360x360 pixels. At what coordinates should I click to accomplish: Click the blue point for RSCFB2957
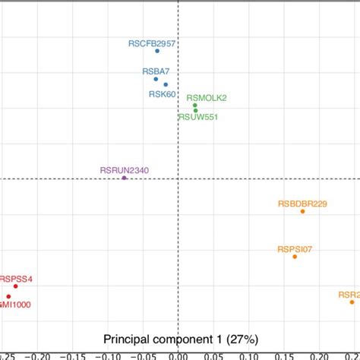pyautogui.click(x=157, y=52)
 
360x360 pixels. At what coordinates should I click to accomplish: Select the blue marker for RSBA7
pyautogui.click(x=156, y=79)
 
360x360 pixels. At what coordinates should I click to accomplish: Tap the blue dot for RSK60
pyautogui.click(x=166, y=84)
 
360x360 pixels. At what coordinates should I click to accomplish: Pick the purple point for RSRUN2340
pyautogui.click(x=124, y=178)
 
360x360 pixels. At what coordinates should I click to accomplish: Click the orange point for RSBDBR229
pyautogui.click(x=302, y=211)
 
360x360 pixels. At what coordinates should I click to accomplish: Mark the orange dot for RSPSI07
pyautogui.click(x=295, y=257)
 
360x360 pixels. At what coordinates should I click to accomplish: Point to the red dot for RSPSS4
pyautogui.click(x=15, y=286)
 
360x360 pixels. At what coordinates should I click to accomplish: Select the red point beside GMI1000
pyautogui.click(x=8, y=296)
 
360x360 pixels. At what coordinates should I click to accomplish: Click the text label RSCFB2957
pyautogui.click(x=152, y=44)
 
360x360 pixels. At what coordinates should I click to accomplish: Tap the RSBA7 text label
pyautogui.click(x=156, y=71)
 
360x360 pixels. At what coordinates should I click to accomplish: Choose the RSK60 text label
pyautogui.click(x=162, y=94)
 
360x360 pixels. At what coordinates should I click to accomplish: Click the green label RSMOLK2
pyautogui.click(x=206, y=97)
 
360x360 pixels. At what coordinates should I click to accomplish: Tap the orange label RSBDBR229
pyautogui.click(x=302, y=203)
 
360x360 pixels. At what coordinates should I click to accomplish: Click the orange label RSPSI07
pyautogui.click(x=295, y=248)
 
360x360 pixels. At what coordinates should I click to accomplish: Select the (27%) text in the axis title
pyautogui.click(x=241, y=338)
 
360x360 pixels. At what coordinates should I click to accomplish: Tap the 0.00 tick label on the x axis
pyautogui.click(x=177, y=355)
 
